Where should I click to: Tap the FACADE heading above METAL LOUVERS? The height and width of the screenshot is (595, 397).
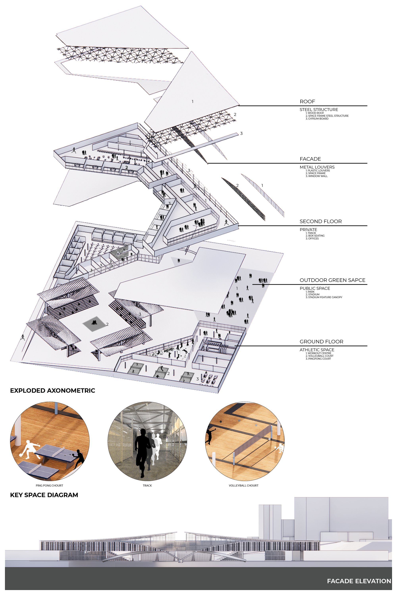[x=310, y=159]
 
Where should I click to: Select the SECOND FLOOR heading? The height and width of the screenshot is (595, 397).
[x=321, y=221]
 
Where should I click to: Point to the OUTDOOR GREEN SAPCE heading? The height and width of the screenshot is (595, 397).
[x=332, y=280]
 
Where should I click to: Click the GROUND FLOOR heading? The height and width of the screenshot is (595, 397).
[x=321, y=341]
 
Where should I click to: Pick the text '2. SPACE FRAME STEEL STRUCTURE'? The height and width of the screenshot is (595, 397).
[x=327, y=116]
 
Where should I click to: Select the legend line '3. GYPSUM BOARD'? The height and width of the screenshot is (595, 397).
[x=317, y=119]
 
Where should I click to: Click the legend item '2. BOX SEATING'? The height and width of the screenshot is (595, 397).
[x=315, y=236]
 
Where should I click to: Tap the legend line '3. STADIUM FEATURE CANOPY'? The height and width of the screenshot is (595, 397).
[x=324, y=297]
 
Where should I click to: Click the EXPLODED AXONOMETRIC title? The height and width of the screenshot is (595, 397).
[x=53, y=390]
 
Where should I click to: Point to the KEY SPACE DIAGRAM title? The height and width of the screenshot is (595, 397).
[x=44, y=495]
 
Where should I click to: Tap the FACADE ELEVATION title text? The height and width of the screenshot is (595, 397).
[x=359, y=581]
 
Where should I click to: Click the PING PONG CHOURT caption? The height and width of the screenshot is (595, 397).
[x=49, y=486]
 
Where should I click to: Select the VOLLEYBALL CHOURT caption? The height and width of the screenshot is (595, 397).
[x=244, y=486]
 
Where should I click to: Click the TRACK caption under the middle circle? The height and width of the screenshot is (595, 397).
[x=147, y=486]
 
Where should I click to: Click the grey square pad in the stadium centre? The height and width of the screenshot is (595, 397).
[x=94, y=324]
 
